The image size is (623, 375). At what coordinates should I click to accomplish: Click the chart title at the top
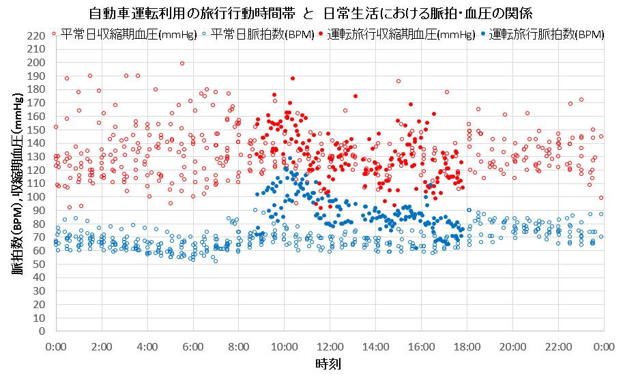click(310, 13)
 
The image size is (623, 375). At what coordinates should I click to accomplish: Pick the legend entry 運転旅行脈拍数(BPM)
click(546, 34)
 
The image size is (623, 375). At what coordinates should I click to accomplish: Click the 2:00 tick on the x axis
click(101, 346)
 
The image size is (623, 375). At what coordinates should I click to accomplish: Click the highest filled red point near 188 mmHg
click(292, 78)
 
